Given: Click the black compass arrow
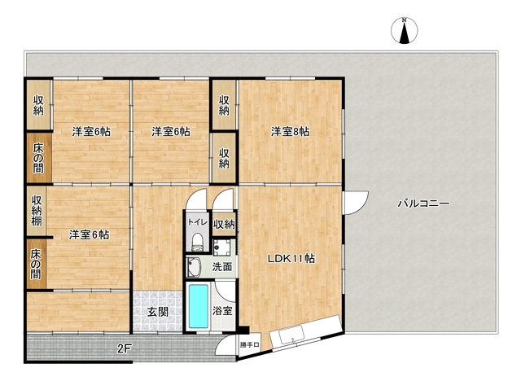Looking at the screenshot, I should point(403,33).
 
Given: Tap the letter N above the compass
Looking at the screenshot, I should point(403,19).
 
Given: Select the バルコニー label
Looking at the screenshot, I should point(419,203).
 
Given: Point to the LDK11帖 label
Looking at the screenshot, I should point(292,259).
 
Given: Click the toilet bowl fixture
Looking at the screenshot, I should point(196,240).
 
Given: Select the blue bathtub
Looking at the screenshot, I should point(198,306).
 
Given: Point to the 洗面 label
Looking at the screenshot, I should point(222,266).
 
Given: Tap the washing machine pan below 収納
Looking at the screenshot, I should point(223,245).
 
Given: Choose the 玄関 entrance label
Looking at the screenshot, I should point(157,311).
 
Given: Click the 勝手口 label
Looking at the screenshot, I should point(249,345).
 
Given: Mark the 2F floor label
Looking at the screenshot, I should point(124,348).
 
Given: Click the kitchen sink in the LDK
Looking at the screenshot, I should point(291,333).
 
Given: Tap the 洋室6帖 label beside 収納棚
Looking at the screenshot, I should point(89,235).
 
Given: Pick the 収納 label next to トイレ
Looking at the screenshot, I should point(225,224).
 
